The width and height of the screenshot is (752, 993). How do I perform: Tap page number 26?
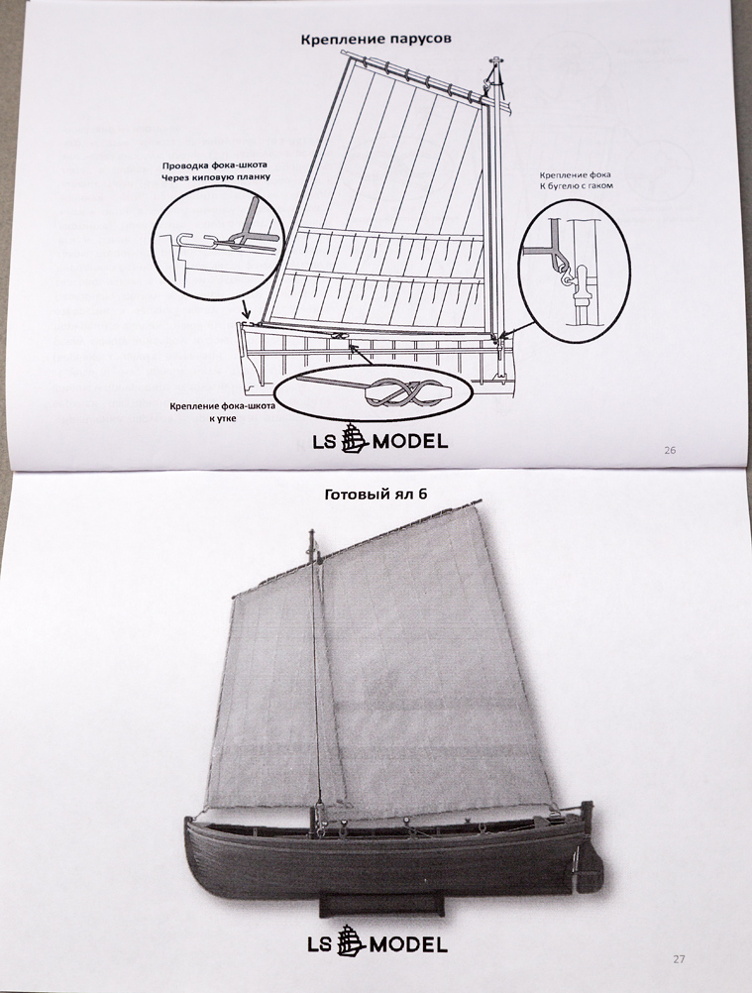[x=669, y=450]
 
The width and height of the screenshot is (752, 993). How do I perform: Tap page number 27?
[x=679, y=958]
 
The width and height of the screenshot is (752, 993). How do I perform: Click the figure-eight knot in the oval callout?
[x=393, y=393]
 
